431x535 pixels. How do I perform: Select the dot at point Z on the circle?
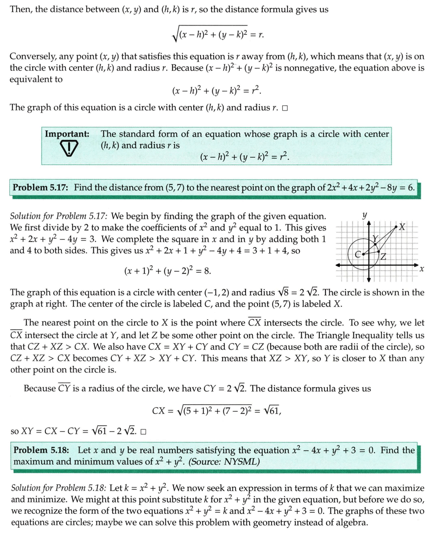pyautogui.click(x=379, y=250)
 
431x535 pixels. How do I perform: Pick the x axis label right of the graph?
pyautogui.click(x=422, y=269)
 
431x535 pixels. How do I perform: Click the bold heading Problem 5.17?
pyautogui.click(x=40, y=187)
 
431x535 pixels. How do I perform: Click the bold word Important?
pyautogui.click(x=66, y=134)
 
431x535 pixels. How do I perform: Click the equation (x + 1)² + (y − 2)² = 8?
pyautogui.click(x=167, y=271)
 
